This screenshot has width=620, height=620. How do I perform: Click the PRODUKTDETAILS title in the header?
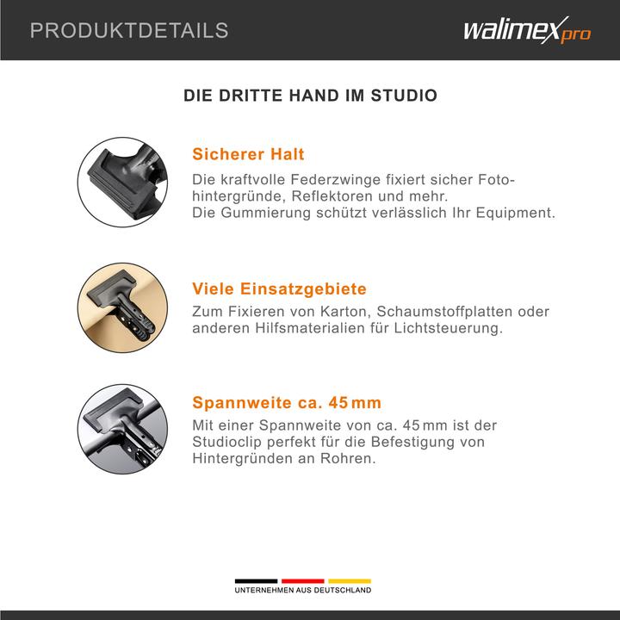click(x=129, y=31)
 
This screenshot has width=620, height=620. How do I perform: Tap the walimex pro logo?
click(x=526, y=32)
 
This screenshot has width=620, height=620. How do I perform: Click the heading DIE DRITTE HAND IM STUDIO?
click(x=310, y=96)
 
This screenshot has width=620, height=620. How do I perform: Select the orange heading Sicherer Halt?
click(x=248, y=155)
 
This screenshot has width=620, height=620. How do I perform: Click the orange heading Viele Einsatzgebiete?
click(x=279, y=288)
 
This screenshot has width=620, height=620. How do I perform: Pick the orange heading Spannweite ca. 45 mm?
click(x=287, y=402)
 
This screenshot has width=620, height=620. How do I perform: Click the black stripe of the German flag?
click(x=256, y=580)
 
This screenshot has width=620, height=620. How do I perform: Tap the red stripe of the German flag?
click(x=302, y=580)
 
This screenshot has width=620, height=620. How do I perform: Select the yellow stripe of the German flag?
click(x=349, y=580)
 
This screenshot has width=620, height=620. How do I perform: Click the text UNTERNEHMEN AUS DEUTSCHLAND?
click(x=303, y=591)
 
